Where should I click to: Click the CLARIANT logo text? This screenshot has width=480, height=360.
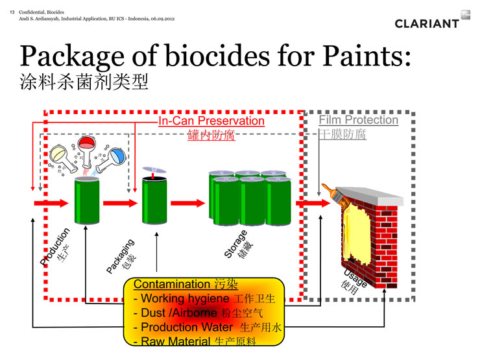click(x=427, y=23)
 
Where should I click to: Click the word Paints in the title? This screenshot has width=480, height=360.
click(x=366, y=56)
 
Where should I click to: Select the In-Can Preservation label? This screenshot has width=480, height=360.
click(x=211, y=121)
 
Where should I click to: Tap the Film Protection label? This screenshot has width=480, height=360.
click(x=359, y=120)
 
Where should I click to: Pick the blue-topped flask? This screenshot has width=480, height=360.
click(x=111, y=160)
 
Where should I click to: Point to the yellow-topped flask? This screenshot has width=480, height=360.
click(x=64, y=158)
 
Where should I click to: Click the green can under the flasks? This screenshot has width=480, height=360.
click(x=87, y=201)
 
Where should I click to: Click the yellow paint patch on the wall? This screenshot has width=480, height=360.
click(x=357, y=233)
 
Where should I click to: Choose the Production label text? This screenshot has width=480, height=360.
click(x=55, y=246)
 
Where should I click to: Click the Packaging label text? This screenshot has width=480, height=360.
click(x=120, y=256)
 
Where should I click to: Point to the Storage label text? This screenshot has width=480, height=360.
click(x=235, y=244)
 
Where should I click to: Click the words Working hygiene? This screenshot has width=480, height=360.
click(x=185, y=298)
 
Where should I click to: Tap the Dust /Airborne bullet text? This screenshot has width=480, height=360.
click(x=179, y=313)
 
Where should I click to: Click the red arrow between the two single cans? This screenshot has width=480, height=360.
click(x=120, y=203)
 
